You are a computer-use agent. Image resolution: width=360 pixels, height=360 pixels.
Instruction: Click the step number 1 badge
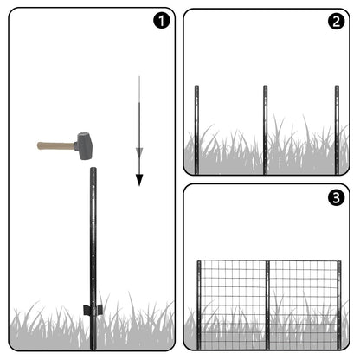pos(162,21)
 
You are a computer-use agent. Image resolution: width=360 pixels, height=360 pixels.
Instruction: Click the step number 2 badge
pos(336,21)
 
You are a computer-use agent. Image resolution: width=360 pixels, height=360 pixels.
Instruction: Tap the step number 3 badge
pos(336,197)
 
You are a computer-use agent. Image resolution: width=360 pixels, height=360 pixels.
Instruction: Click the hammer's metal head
pos(83,146)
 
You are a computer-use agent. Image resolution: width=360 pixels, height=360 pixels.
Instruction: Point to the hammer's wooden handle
pos(55,145)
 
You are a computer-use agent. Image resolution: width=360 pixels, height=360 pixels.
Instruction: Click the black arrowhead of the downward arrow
pos(139,180)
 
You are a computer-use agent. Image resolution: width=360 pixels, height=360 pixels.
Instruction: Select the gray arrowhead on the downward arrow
pos(139,151)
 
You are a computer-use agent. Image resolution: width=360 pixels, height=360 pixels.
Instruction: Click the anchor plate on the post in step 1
pos(93,310)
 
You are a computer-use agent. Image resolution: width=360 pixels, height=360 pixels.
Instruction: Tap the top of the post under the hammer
pos(93,169)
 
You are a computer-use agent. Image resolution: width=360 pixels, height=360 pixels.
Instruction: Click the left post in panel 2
pos(196,130)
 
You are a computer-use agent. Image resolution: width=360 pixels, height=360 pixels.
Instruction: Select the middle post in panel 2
pos(265,130)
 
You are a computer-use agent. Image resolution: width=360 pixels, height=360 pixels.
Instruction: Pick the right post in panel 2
pos(337,130)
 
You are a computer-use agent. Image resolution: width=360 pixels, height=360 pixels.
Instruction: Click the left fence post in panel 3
pos(199,305)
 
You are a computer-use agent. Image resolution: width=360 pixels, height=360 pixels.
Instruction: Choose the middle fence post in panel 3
pos(267,305)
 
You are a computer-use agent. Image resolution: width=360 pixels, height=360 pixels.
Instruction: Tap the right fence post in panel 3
pos(339,305)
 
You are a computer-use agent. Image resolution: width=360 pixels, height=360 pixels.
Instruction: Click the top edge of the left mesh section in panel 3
pos(234,261)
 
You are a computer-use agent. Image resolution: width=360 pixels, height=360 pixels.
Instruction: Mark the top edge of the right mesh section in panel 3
pos(304,261)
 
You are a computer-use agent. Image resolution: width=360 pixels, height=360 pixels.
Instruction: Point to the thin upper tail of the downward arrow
pos(139,89)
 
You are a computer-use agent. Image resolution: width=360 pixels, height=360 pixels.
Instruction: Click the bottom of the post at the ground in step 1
pos(93,349)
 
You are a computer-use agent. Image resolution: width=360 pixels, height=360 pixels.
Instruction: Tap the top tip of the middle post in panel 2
pos(265,86)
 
